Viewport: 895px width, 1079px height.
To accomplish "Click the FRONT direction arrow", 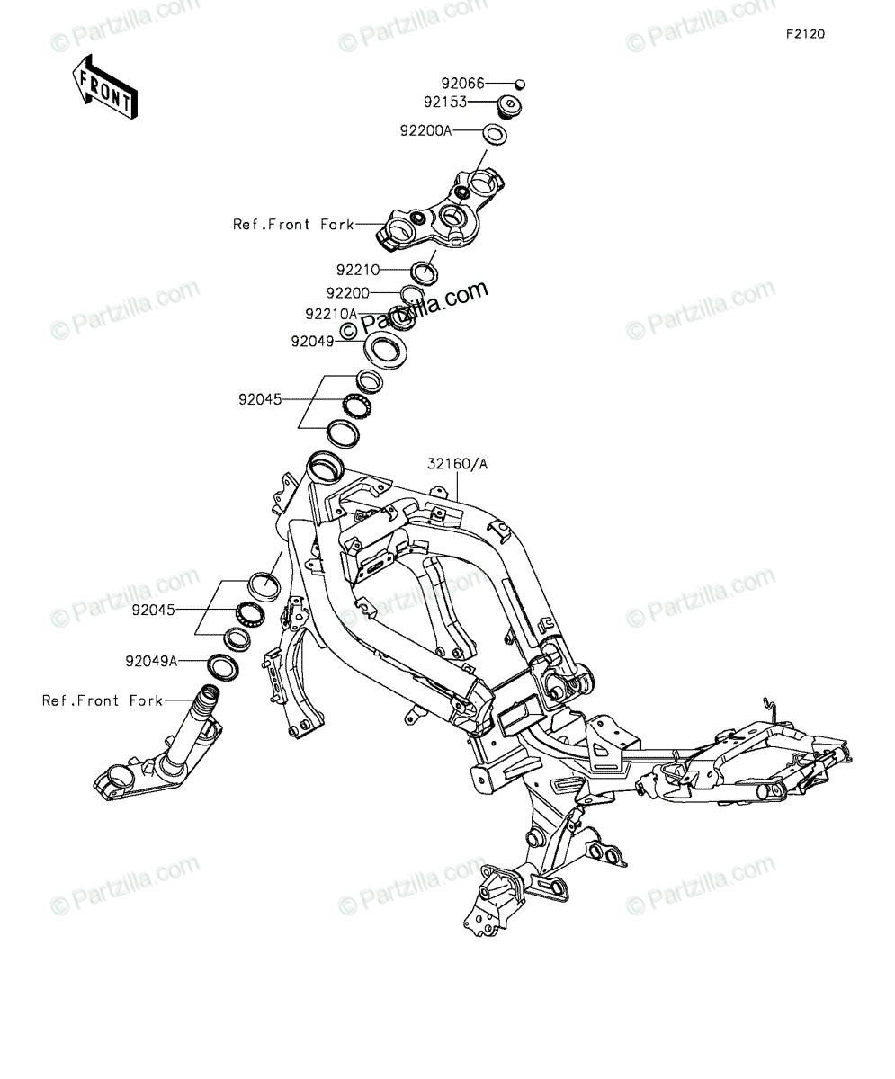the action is tap(105, 87).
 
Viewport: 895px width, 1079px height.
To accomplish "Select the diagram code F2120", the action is tap(806, 34).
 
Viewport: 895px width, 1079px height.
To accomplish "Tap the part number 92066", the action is tap(462, 83).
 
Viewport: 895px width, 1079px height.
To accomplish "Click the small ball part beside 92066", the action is tap(520, 84).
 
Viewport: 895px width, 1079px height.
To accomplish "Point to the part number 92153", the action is tap(445, 102).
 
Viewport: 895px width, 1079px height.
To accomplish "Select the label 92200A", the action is tap(426, 130).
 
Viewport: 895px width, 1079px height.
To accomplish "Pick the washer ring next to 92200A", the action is tap(495, 134).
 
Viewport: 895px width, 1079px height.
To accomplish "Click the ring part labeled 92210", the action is tap(424, 272).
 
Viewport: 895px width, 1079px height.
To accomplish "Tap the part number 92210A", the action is tap(331, 314).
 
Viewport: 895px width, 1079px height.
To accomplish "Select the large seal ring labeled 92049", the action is tap(386, 351).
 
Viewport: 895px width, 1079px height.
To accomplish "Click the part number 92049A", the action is tap(151, 661).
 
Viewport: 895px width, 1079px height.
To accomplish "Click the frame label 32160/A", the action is tap(457, 464).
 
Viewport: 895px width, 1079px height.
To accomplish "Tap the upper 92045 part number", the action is tap(260, 399).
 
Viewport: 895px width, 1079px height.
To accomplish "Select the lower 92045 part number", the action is tap(154, 610).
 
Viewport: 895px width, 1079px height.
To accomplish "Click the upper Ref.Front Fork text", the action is tap(293, 224).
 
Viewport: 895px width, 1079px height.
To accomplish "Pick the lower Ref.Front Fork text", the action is tap(103, 700).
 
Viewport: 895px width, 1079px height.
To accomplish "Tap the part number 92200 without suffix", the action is tap(348, 293).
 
